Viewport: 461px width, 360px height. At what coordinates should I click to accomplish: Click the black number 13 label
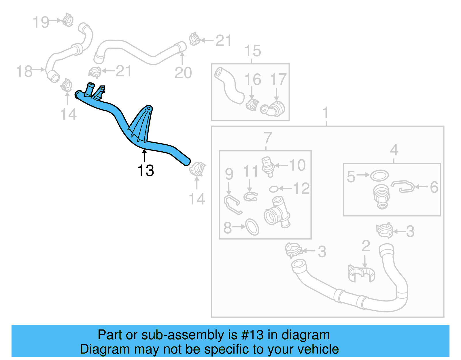click(146, 171)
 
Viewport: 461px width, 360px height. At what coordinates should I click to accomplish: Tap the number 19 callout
click(41, 22)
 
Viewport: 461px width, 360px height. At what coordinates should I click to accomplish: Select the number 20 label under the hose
click(183, 73)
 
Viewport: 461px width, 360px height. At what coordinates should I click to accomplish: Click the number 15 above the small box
click(253, 51)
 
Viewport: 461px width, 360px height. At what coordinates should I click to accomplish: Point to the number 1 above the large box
click(326, 113)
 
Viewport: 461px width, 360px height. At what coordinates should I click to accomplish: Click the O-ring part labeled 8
click(252, 227)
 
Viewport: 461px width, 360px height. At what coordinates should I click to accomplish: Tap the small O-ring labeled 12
click(273, 189)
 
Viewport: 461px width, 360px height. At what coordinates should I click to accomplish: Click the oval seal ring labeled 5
click(379, 175)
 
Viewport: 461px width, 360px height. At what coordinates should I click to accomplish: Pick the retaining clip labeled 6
click(403, 186)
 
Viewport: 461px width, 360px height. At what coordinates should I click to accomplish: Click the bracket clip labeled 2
click(361, 273)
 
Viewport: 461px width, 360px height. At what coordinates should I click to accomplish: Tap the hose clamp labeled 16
click(252, 105)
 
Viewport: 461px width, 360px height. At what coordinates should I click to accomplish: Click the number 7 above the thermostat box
click(268, 138)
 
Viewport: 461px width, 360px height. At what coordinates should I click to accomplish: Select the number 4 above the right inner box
click(394, 150)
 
